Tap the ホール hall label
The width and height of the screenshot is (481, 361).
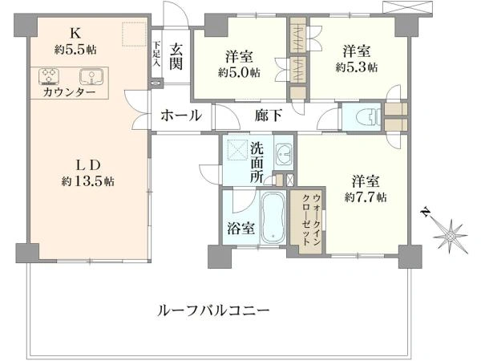point(181,116)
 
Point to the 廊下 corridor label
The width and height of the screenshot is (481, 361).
point(268,116)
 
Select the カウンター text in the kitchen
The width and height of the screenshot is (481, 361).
point(69,91)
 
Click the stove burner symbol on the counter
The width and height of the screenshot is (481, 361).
point(49,76)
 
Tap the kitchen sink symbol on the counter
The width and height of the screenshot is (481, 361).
point(91,76)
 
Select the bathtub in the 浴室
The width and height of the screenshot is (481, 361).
point(273,217)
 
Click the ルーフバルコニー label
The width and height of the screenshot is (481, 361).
point(213,310)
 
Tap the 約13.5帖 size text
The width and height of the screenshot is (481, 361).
point(88,181)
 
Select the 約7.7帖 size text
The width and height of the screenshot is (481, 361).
point(366,197)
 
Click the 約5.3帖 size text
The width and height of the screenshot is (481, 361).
point(357,67)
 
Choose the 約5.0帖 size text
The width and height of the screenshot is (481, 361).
point(239,72)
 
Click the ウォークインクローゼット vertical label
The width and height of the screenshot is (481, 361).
point(311,219)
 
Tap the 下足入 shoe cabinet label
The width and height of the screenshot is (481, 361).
point(156,59)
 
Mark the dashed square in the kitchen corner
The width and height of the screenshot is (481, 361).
point(134,34)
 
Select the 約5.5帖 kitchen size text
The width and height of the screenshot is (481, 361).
point(75,50)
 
